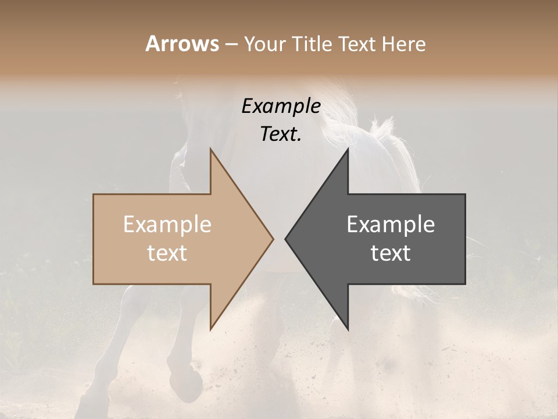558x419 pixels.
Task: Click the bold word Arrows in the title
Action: tap(182, 44)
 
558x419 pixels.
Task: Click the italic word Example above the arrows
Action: tap(281, 106)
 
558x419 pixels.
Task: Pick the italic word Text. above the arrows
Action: tap(281, 134)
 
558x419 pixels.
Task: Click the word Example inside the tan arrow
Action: tap(167, 224)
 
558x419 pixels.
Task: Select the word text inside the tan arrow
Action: tap(167, 253)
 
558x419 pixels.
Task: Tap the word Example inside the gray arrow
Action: tap(391, 224)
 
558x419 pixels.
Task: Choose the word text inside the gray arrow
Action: tap(391, 253)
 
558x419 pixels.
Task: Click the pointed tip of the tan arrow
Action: tap(273, 238)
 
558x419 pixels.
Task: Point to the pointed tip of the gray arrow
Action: tap(286, 238)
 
